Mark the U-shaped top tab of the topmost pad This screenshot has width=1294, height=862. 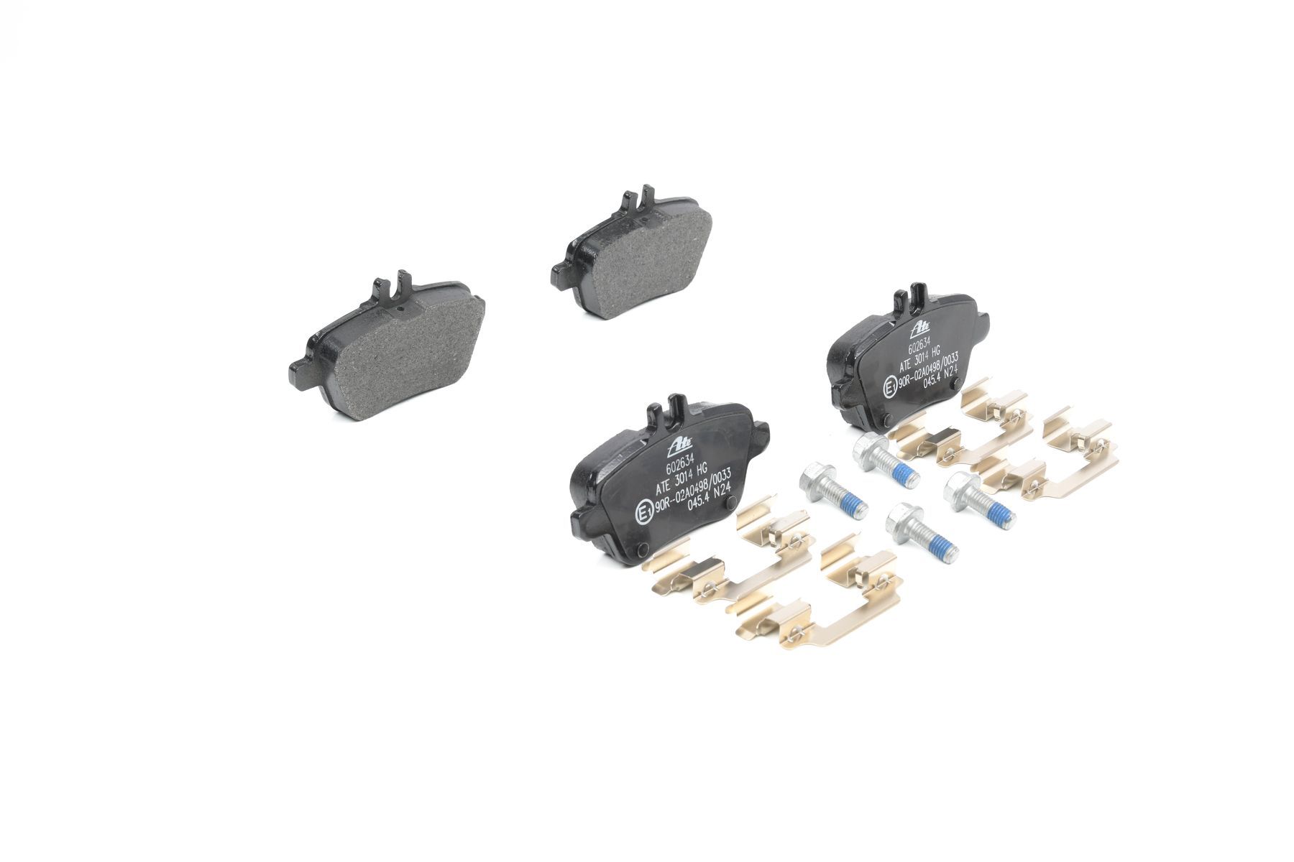[638, 201]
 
